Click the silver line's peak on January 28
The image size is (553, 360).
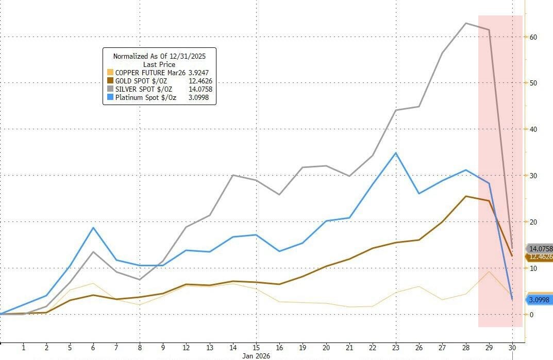(466, 23)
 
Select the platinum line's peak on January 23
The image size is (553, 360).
(395, 153)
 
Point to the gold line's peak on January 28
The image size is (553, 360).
(466, 196)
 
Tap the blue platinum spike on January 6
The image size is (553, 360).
(93, 228)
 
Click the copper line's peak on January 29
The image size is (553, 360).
(489, 271)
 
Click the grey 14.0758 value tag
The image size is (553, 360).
(538, 248)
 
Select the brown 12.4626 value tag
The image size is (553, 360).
(538, 256)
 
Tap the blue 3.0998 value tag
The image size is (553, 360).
(538, 299)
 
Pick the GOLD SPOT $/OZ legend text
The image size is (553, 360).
(140, 81)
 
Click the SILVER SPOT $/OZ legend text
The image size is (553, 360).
(142, 89)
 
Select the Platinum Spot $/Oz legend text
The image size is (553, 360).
(146, 97)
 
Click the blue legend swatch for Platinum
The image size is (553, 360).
(109, 97)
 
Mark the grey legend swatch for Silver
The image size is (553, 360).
(109, 89)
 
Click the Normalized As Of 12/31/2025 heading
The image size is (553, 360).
(159, 56)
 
